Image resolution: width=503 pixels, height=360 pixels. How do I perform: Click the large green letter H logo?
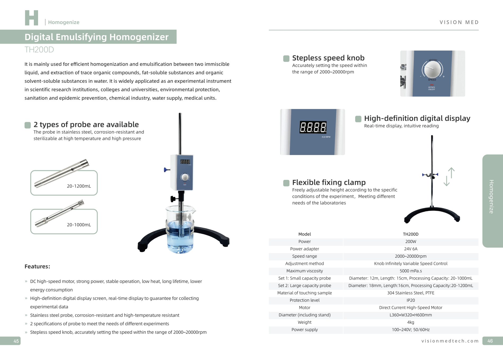[31, 18]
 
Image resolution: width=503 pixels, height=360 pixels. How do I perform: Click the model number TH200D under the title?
[39, 49]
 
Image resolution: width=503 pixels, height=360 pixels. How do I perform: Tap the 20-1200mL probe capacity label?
[79, 186]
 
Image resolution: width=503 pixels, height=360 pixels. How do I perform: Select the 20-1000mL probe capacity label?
[79, 225]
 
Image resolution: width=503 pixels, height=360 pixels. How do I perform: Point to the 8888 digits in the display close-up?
[313, 127]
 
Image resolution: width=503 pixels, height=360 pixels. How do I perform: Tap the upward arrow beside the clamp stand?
[451, 173]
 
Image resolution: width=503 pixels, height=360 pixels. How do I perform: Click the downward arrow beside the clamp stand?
[446, 181]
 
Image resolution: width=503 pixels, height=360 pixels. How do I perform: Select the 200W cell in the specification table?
[410, 241]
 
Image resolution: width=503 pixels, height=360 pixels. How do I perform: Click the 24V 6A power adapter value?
[410, 249]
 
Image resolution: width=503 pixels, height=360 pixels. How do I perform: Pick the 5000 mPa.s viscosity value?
[410, 271]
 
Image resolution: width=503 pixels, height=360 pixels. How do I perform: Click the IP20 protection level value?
[410, 300]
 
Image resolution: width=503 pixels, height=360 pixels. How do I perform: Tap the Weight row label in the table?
[304, 322]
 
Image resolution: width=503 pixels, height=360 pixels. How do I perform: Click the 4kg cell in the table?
[410, 322]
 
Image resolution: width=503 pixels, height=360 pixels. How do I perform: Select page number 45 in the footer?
[16, 341]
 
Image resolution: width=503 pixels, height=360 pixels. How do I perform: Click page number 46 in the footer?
[490, 341]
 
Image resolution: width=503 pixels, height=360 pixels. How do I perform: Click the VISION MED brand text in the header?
[459, 22]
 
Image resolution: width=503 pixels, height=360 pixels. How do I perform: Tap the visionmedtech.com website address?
[450, 341]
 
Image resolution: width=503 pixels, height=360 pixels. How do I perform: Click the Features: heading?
[37, 266]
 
